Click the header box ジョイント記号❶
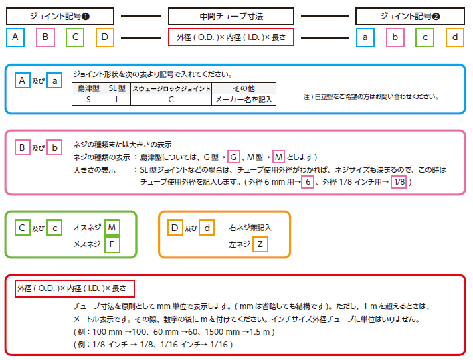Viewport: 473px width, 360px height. (x=60, y=16)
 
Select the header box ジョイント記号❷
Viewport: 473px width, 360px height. (x=409, y=16)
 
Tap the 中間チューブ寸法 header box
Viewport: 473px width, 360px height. (x=231, y=16)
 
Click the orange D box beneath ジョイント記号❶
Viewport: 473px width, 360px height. (x=105, y=37)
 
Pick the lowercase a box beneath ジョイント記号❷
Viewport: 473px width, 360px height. (x=365, y=37)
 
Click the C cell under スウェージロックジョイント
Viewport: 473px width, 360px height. (x=171, y=99)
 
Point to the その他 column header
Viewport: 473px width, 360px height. (x=244, y=88)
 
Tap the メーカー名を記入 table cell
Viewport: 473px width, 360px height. (x=244, y=99)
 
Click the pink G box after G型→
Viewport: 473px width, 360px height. (x=233, y=157)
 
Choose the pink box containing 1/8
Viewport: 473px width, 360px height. (x=398, y=181)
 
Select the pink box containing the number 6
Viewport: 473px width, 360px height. (x=308, y=181)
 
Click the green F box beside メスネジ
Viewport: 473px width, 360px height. (x=112, y=244)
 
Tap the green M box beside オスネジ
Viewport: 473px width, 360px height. (x=112, y=228)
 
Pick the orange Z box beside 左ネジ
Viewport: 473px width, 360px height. (x=260, y=244)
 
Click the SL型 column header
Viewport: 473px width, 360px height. (x=117, y=88)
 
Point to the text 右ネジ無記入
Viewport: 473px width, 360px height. (x=250, y=228)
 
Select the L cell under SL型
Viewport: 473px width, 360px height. (x=117, y=99)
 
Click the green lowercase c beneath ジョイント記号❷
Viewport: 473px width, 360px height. (x=425, y=37)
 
